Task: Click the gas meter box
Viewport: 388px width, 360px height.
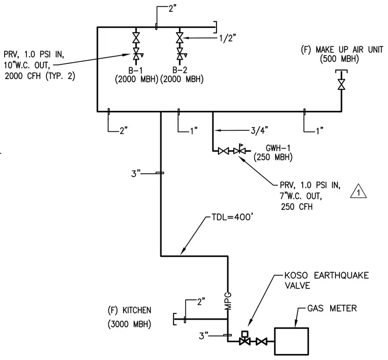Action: [292, 341]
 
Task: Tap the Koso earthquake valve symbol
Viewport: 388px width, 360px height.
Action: [245, 339]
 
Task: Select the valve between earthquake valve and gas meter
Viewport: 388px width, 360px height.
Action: [261, 342]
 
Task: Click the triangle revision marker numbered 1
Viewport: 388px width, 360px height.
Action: [358, 191]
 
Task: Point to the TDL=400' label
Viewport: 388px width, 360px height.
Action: [232, 217]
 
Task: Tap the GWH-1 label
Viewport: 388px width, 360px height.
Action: [278, 148]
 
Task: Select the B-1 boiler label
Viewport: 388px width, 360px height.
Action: [135, 70]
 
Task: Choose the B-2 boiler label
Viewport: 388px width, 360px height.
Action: [180, 70]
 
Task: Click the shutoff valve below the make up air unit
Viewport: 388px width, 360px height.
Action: [342, 84]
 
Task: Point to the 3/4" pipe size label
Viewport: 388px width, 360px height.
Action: [259, 130]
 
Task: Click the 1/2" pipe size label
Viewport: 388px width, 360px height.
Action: [228, 38]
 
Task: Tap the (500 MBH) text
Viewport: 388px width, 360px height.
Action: [339, 59]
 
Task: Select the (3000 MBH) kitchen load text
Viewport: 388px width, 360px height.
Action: [129, 324]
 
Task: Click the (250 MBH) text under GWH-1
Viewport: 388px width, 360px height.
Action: [273, 157]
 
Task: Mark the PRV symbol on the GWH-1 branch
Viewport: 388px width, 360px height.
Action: [239, 149]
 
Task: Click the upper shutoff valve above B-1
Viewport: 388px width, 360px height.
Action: [136, 38]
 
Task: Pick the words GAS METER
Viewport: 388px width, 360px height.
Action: [332, 308]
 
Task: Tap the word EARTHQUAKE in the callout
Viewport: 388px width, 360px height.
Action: [341, 275]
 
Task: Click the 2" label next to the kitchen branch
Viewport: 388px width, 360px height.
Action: [201, 301]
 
